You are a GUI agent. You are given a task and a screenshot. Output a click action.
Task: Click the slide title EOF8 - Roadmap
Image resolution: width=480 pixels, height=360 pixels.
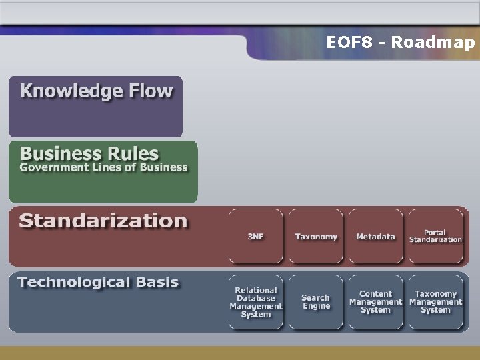click(x=401, y=43)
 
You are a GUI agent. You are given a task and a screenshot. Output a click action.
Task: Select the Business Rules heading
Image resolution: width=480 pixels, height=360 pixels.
click(x=89, y=153)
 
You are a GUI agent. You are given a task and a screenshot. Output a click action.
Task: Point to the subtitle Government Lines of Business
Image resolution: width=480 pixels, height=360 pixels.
click(x=103, y=167)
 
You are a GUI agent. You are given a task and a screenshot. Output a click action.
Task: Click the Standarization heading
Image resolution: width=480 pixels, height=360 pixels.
click(x=103, y=221)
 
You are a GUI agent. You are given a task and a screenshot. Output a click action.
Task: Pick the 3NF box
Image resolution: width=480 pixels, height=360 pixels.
click(x=255, y=237)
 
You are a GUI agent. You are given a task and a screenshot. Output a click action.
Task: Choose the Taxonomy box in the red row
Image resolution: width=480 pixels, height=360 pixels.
click(x=316, y=237)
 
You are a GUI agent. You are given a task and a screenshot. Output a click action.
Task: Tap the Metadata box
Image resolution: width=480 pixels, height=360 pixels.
click(x=375, y=237)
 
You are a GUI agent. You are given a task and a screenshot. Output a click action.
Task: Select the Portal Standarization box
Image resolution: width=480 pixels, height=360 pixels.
click(x=435, y=236)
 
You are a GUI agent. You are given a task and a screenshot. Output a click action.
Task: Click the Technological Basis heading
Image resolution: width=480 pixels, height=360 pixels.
click(x=99, y=282)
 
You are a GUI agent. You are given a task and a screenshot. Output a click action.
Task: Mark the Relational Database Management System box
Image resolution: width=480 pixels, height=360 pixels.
click(x=256, y=302)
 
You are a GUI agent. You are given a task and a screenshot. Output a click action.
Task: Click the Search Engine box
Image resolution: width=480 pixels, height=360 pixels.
click(x=316, y=302)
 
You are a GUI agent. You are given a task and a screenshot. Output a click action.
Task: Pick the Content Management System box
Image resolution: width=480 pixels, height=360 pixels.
click(x=375, y=302)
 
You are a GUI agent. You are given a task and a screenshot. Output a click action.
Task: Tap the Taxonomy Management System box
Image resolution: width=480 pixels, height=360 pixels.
click(x=435, y=302)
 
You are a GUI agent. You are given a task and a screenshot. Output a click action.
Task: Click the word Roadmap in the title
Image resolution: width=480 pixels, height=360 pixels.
click(x=433, y=43)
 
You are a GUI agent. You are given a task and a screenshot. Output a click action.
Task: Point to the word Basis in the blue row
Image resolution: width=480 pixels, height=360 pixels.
click(x=157, y=282)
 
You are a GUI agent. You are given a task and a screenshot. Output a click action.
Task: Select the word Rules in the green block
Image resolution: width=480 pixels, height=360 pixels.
click(x=129, y=153)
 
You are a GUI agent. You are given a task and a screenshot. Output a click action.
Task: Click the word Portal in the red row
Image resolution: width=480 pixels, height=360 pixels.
click(x=435, y=232)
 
